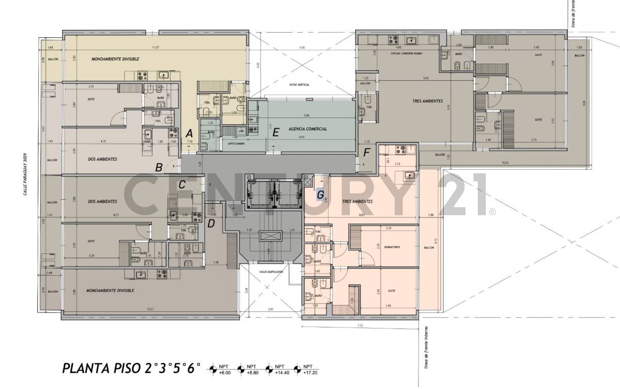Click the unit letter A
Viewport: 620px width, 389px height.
click(x=189, y=132)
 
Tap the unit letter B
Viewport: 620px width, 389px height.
click(x=160, y=167)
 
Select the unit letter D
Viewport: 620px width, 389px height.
click(x=211, y=223)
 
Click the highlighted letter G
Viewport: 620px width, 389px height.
click(x=320, y=195)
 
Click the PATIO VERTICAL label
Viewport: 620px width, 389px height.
click(x=299, y=84)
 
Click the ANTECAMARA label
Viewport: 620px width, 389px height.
click(x=233, y=143)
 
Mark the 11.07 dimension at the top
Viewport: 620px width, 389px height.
click(x=154, y=48)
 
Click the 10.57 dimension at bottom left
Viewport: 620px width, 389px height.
click(x=150, y=309)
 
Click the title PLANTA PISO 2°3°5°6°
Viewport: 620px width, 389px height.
click(x=130, y=369)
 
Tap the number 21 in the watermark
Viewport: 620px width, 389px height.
click(x=462, y=196)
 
